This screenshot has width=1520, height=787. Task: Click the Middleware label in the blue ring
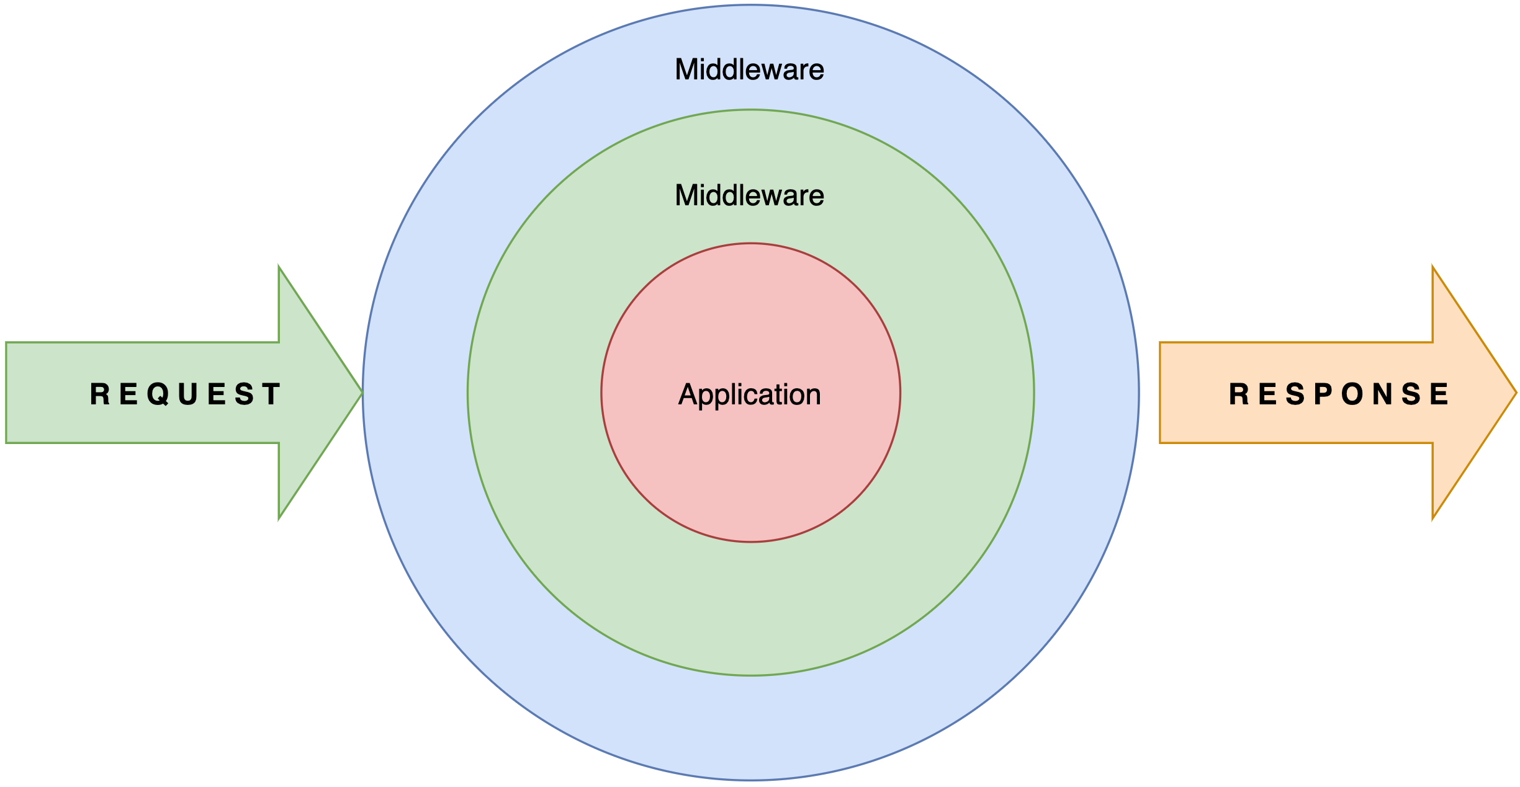click(749, 69)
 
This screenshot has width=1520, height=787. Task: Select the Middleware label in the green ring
click(749, 195)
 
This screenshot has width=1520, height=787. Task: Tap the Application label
click(749, 394)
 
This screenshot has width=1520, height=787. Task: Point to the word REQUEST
click(185, 394)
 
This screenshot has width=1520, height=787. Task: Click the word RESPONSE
click(1338, 394)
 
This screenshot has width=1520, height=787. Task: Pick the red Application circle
click(750, 471)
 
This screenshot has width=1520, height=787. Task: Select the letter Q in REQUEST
click(158, 394)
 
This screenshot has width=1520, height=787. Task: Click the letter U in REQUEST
click(188, 394)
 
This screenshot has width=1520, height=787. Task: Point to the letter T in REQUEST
click(271, 394)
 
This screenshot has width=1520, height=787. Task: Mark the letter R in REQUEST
click(100, 394)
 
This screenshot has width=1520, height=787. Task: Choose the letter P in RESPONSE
click(1323, 394)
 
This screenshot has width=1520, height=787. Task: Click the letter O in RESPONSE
click(1352, 394)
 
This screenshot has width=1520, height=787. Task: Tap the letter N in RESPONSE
click(1383, 394)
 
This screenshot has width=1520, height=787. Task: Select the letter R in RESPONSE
click(1239, 394)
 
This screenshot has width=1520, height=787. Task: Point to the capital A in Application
click(688, 394)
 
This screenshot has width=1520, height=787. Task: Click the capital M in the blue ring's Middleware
click(687, 69)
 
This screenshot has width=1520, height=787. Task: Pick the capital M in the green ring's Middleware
click(687, 195)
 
